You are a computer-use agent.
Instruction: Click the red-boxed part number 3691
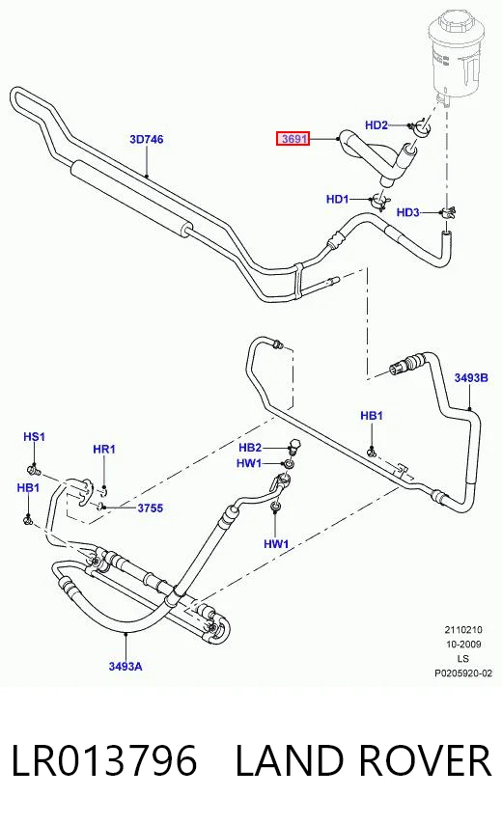[293, 139]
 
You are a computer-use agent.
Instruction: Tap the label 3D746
[147, 139]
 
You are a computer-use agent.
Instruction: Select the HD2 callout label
[376, 125]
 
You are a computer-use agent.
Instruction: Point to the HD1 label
[338, 199]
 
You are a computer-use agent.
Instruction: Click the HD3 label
[408, 212]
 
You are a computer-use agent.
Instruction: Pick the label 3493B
[471, 378]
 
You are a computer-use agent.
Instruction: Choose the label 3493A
[125, 667]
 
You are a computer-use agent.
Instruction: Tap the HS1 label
[34, 437]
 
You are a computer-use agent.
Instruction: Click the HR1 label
[104, 450]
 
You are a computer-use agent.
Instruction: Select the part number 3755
[151, 508]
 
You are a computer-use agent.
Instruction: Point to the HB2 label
[250, 447]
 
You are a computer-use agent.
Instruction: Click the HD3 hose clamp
[448, 212]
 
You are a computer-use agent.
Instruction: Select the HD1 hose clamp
[379, 200]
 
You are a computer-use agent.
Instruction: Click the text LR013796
[104, 760]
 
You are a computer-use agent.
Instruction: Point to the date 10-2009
[462, 645]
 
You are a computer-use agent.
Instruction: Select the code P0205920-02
[462, 673]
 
